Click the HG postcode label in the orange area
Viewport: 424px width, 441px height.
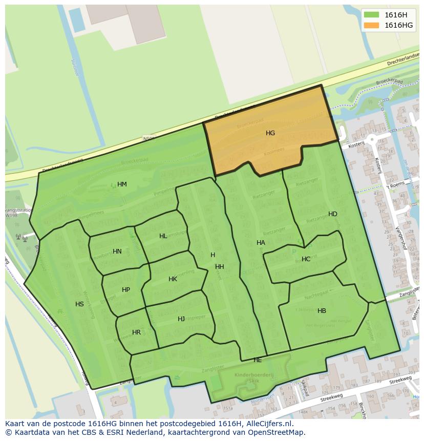270,133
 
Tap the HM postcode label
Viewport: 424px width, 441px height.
122,184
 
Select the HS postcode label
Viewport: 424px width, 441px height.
79,304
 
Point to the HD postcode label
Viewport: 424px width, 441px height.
333,214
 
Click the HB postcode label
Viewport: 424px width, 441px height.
322,311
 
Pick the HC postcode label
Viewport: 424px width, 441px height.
306,259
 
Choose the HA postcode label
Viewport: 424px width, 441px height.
261,243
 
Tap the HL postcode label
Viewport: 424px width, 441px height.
163,236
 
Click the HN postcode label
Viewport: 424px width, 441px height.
117,251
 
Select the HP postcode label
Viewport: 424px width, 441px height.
126,290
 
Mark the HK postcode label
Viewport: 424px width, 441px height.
173,279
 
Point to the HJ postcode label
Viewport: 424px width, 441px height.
181,319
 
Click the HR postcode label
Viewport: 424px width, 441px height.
136,332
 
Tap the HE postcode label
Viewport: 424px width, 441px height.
258,361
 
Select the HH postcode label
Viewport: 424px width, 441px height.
220,267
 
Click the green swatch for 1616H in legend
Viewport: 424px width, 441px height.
371,15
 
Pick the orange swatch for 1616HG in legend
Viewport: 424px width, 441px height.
371,25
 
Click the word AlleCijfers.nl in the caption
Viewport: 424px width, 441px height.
268,424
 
